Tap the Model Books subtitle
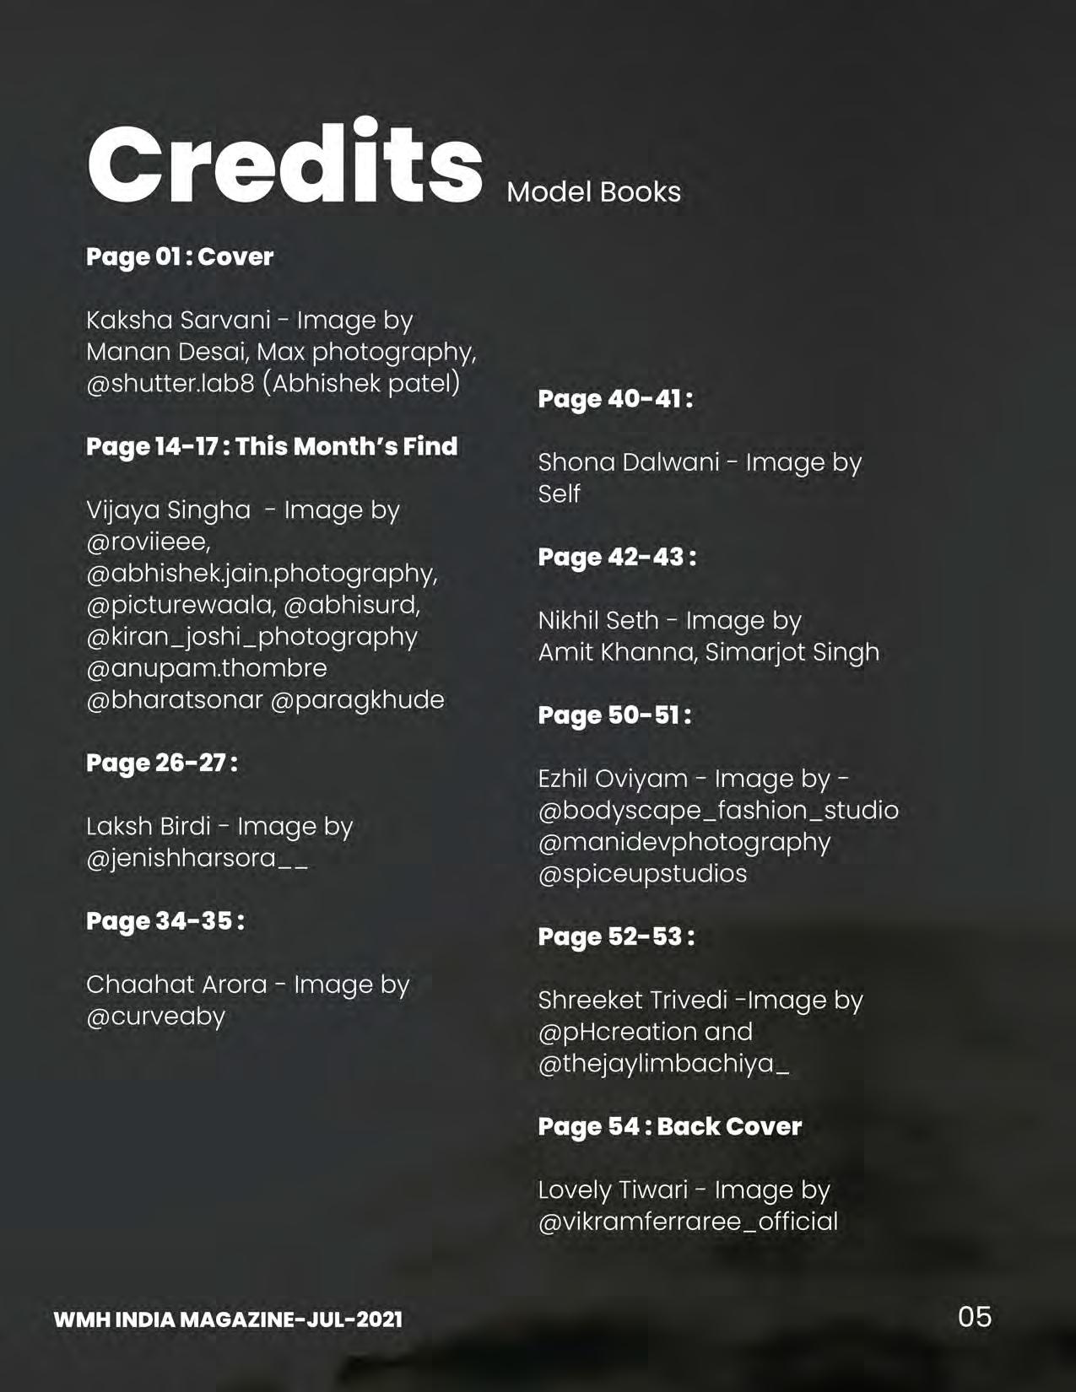(x=593, y=192)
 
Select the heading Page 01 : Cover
(x=180, y=256)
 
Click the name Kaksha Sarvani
(x=178, y=321)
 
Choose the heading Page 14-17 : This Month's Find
(x=272, y=446)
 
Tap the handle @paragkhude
(x=357, y=700)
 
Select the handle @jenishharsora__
(x=197, y=859)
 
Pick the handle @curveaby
(x=155, y=1017)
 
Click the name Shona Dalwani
(x=629, y=462)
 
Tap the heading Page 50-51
(x=614, y=715)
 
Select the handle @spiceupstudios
(x=642, y=873)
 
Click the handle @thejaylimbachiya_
(x=663, y=1064)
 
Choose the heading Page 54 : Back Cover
(x=670, y=1126)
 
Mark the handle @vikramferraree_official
(x=688, y=1222)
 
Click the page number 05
(x=975, y=1317)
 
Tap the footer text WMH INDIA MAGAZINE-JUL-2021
(x=228, y=1319)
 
